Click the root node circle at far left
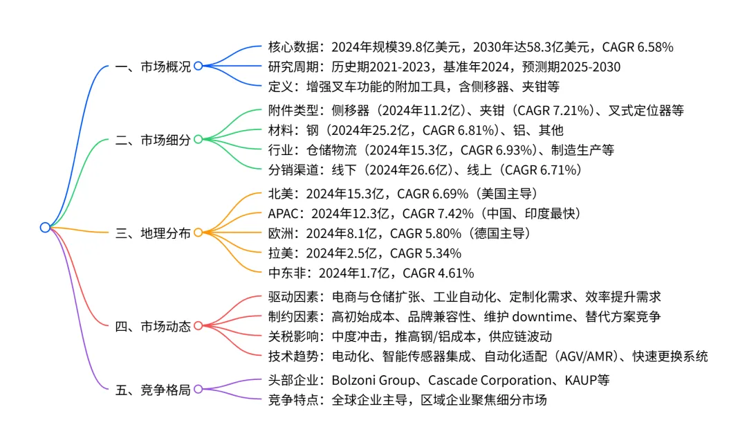[x=45, y=227]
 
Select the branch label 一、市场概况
[x=153, y=66]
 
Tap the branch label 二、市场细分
[x=153, y=140]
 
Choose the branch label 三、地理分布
[x=153, y=233]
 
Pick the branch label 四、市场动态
[x=153, y=326]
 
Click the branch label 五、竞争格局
[x=153, y=390]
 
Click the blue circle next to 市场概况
[x=198, y=66]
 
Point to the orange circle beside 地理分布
[x=198, y=233]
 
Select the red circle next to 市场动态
[x=198, y=326]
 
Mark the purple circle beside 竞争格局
[x=198, y=390]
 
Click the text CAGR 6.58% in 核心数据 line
[x=638, y=48]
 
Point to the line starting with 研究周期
[x=443, y=67]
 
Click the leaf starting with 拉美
[x=364, y=253]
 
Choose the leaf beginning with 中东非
[x=370, y=273]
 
